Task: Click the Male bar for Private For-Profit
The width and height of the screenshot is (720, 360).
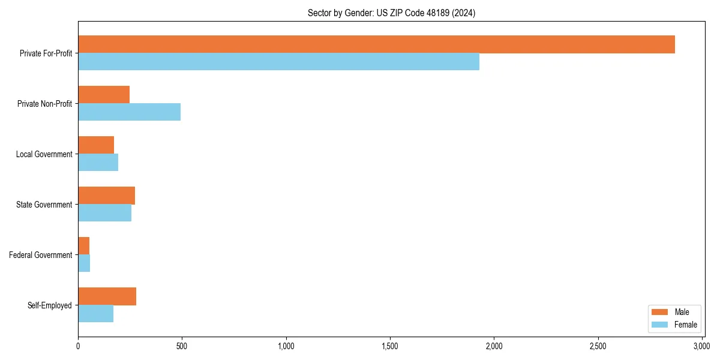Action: [x=376, y=44]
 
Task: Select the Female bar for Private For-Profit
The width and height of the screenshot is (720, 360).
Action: [x=278, y=62]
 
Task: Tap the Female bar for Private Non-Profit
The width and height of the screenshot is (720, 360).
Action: [x=129, y=112]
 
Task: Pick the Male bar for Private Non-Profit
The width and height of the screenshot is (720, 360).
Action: [x=104, y=95]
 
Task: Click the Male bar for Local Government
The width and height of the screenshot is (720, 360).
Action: [x=96, y=145]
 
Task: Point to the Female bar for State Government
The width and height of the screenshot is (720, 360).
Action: [x=104, y=213]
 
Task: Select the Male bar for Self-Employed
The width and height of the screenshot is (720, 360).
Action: [x=107, y=296]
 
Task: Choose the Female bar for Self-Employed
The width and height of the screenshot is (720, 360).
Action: [x=95, y=314]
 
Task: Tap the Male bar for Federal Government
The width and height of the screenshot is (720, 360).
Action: [x=83, y=246]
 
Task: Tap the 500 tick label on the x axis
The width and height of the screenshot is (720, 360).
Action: [x=182, y=346]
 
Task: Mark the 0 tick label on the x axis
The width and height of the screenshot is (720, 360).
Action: [x=78, y=346]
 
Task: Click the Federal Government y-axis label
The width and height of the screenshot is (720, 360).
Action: [x=41, y=255]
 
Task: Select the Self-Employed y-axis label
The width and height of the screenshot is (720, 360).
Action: [x=50, y=305]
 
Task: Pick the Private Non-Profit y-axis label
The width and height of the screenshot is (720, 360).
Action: [x=44, y=104]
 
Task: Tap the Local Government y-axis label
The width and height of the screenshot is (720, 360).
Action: [x=44, y=154]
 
